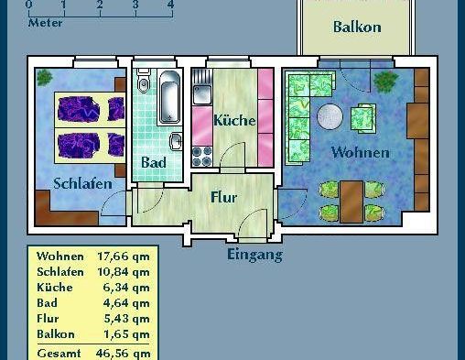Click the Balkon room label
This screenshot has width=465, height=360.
[357, 28]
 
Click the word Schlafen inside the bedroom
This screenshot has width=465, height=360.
[82, 183]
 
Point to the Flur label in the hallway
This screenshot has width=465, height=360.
[223, 197]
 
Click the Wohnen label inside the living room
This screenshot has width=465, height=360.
[360, 152]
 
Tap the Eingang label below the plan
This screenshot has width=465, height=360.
[254, 255]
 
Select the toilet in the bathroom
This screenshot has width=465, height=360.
[142, 84]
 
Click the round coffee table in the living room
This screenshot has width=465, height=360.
[330, 116]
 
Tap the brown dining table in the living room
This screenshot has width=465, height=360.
[351, 201]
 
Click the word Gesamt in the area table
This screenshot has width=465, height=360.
[59, 353]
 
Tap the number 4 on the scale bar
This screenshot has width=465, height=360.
[170, 5]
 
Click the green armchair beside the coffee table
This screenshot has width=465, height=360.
[364, 117]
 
